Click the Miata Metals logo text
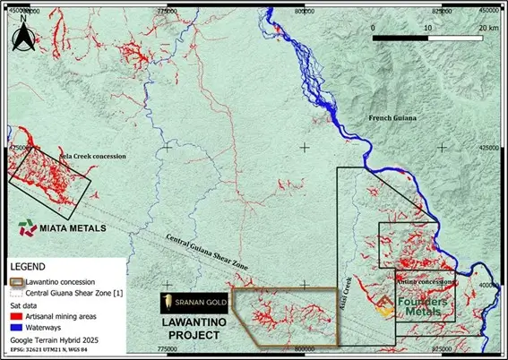pyautogui.click(x=74, y=228)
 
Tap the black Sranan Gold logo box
pyautogui.click(x=193, y=303)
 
